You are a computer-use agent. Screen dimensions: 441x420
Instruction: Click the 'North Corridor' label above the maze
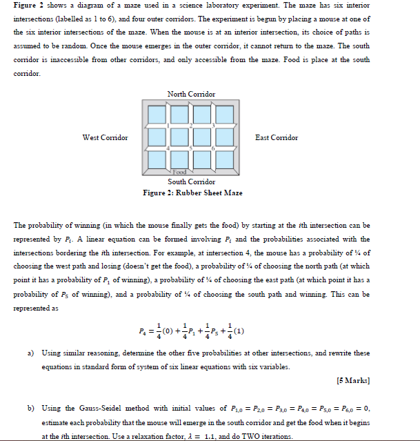[191, 94]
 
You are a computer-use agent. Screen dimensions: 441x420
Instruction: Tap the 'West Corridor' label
[105, 138]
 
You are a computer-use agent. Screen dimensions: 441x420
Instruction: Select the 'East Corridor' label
[277, 138]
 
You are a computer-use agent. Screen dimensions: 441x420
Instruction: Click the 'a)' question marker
[32, 353]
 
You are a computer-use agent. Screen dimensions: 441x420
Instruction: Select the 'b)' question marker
[32, 409]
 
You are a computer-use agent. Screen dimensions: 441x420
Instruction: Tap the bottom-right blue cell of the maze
[227, 161]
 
